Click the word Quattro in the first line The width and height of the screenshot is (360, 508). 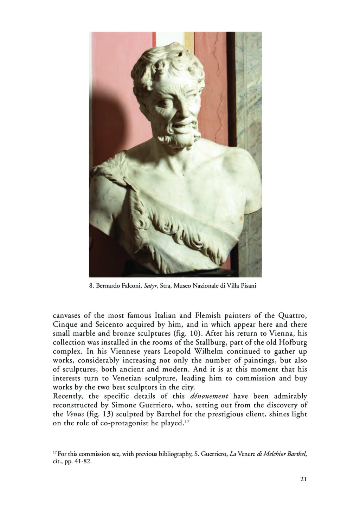pyautogui.click(x=293, y=315)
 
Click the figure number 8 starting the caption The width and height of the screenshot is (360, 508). pyautogui.click(x=90, y=286)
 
